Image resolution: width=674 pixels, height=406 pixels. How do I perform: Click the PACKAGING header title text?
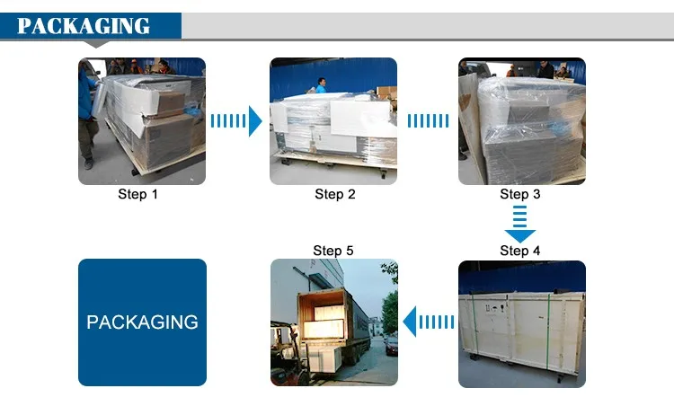coord(84,25)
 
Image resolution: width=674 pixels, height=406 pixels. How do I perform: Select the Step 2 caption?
coord(335,194)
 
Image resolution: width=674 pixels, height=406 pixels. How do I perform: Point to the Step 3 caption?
coord(520,194)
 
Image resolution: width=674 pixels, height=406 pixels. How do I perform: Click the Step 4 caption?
coord(520,251)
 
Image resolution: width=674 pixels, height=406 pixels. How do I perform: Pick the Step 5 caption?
coord(333,251)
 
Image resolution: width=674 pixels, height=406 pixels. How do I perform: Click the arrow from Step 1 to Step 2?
coord(236,120)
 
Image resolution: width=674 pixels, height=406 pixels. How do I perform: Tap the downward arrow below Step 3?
coord(519,225)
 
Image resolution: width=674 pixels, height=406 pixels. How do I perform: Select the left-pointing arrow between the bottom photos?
coord(429,321)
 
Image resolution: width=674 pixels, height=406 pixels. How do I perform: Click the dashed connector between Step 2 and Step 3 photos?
coord(429,120)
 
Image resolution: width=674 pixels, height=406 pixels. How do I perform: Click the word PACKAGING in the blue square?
coord(142,322)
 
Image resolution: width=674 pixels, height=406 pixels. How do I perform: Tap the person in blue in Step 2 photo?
coord(321,85)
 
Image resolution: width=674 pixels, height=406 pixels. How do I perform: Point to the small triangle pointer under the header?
coord(96,43)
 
